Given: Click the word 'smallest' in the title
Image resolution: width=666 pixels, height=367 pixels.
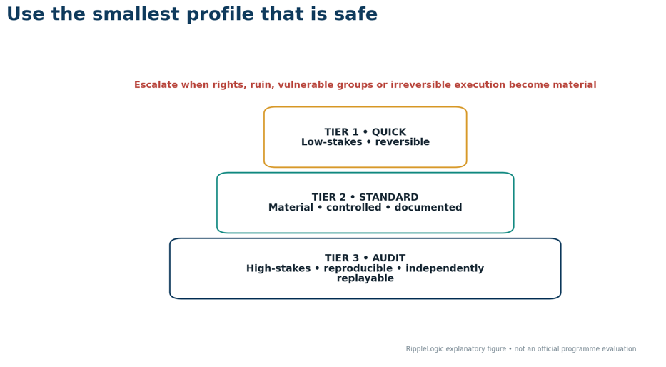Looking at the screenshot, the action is click(136, 14).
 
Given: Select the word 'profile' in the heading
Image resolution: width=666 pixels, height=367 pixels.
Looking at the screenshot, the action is click(220, 14).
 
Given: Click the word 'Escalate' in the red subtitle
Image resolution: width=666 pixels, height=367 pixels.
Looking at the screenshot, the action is click(156, 84).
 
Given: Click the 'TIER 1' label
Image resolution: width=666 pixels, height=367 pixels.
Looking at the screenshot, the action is click(341, 131).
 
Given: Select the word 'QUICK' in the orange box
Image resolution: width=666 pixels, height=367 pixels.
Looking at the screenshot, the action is click(389, 131).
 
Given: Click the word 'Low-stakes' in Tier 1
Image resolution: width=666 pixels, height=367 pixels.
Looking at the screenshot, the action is click(332, 142).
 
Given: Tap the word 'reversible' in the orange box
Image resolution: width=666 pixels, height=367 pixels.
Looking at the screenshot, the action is click(402, 142).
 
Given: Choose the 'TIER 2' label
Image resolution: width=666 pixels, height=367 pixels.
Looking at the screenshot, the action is click(329, 197).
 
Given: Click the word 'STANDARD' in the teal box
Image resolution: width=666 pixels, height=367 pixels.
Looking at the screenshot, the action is click(389, 197).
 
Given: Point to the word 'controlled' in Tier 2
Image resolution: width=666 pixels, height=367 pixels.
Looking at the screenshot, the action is click(354, 207).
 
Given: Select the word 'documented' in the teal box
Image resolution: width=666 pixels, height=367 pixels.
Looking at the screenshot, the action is click(428, 207).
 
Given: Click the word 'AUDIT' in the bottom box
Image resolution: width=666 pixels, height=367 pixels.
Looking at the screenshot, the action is click(389, 258).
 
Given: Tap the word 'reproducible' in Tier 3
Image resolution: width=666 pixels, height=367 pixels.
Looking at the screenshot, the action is click(358, 268).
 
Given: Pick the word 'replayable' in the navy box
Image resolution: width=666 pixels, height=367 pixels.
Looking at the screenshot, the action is click(365, 278).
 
